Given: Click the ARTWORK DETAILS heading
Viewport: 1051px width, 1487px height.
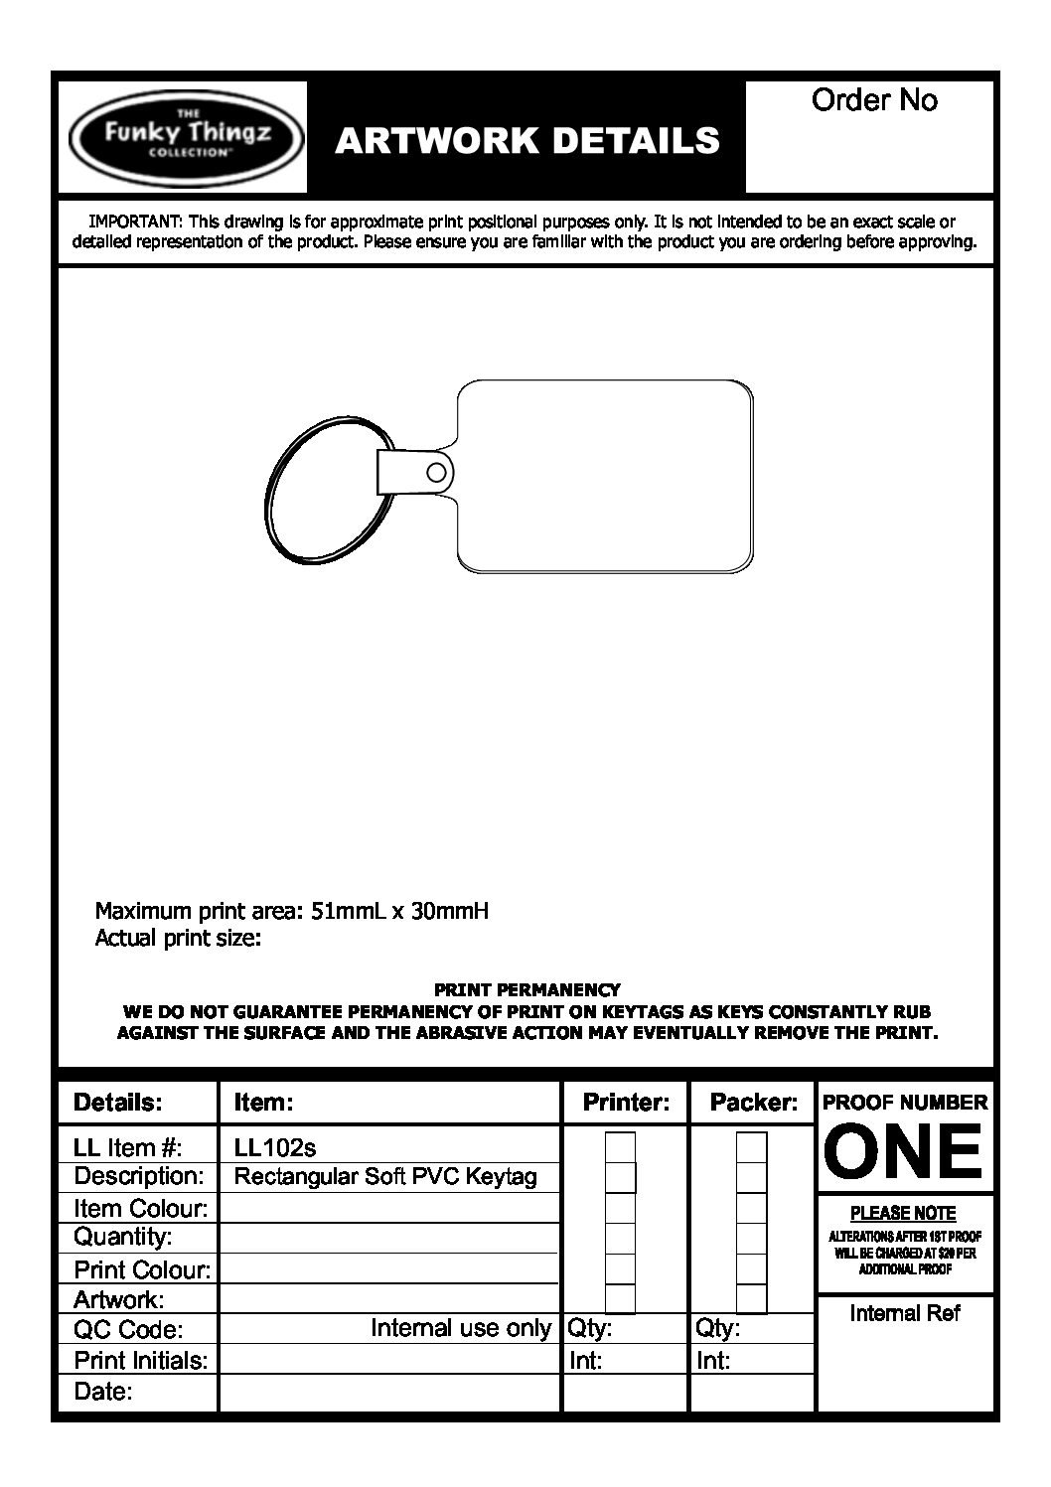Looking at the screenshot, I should point(526,141).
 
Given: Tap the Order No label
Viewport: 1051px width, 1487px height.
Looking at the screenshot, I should point(874,100).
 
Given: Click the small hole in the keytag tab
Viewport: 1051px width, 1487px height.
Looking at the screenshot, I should point(435,471).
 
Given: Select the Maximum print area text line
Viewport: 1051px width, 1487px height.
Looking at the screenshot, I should point(291,911).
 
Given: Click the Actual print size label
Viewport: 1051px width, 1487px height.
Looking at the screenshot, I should point(178,938).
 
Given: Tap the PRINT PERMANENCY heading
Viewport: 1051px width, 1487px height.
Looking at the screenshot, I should point(526,989).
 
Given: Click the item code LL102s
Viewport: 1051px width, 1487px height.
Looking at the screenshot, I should point(275,1148).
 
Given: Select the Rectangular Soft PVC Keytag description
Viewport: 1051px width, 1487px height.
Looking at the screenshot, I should point(385,1177).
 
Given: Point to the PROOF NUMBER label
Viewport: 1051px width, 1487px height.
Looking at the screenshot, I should point(904,1102).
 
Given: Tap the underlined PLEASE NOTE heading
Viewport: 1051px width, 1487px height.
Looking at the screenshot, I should point(903,1213).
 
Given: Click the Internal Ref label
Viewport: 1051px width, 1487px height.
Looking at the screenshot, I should point(905,1313).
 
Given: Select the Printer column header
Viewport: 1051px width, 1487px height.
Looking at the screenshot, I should point(626,1102).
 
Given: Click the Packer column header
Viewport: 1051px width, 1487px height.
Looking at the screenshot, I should point(753,1102).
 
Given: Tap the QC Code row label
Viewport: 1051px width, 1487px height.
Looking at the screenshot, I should point(128,1330).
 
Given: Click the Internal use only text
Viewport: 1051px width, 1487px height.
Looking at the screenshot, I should point(460,1328).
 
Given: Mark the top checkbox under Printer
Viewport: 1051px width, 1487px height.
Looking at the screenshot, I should point(620,1147).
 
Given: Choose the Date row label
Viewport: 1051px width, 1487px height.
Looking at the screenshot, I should point(103,1392).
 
